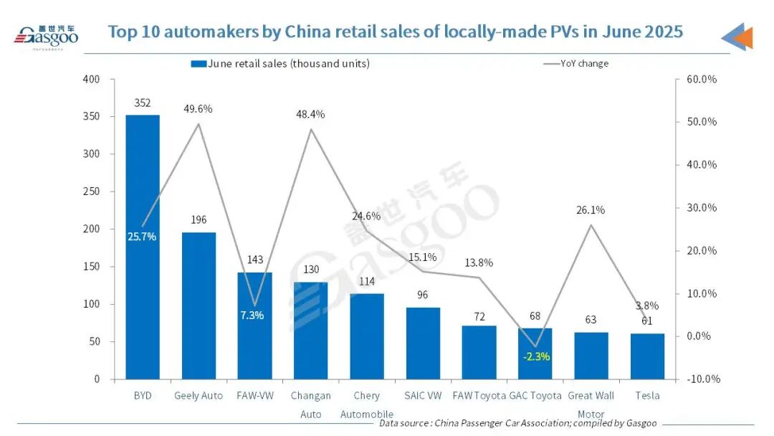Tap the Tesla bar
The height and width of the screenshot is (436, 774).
tap(647, 356)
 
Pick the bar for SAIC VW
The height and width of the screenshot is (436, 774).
tap(423, 343)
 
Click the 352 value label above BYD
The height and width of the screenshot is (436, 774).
tap(143, 103)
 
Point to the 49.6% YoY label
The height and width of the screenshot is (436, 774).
tap(199, 109)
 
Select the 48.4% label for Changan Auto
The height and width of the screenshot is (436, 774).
tap(311, 114)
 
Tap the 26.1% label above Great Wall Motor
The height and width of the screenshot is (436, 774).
tap(591, 210)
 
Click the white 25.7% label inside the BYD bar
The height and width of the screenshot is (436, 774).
tap(143, 237)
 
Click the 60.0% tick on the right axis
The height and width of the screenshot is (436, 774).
tap(702, 79)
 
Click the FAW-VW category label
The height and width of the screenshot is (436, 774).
tap(254, 395)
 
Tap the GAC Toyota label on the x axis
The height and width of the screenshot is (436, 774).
tap(535, 395)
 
